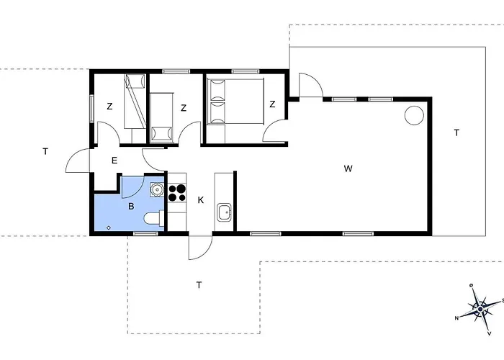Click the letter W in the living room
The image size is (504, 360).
(348, 168)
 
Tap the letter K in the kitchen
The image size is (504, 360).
(201, 200)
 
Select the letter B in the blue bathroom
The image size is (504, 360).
(131, 207)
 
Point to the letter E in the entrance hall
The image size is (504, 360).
(114, 161)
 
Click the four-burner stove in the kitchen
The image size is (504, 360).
(177, 193)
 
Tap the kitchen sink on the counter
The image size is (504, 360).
(224, 212)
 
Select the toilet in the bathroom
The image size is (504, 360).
(154, 219)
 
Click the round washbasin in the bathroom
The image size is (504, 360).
(157, 189)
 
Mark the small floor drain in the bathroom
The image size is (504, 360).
(109, 228)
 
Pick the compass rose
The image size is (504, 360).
(480, 309)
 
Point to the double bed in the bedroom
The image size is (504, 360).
(235, 102)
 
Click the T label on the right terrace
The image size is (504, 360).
(456, 132)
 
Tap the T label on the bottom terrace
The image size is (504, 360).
(199, 285)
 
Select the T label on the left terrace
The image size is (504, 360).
(45, 151)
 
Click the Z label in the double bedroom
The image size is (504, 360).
(272, 104)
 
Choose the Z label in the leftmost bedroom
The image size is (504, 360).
(109, 107)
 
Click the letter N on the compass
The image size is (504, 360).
(456, 318)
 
